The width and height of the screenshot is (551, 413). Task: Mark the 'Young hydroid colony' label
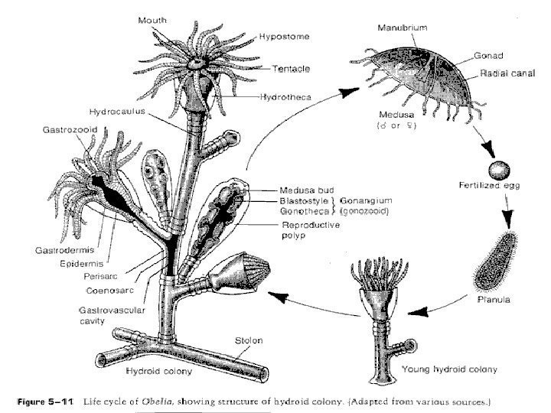tap(449, 369)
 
